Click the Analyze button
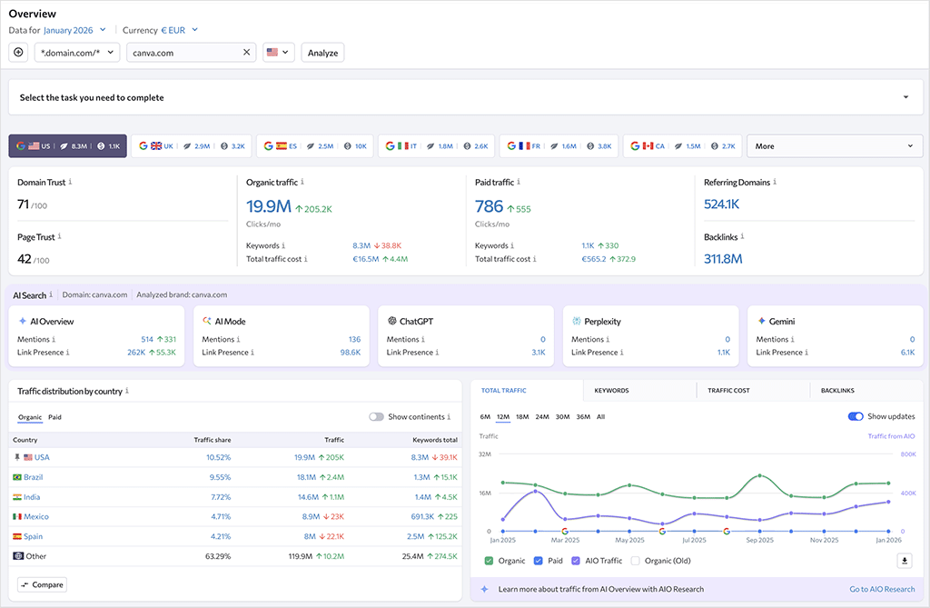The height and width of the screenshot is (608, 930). (x=322, y=53)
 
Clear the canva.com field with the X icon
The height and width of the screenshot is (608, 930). (x=246, y=53)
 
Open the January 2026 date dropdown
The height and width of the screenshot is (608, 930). (x=75, y=30)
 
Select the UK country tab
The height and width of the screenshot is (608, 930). (x=191, y=145)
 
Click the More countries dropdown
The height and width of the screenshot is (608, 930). (x=834, y=145)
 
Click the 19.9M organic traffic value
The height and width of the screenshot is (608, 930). (x=268, y=207)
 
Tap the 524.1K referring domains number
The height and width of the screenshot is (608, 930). (x=722, y=204)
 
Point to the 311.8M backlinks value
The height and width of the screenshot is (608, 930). (x=723, y=259)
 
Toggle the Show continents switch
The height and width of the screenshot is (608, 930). (x=376, y=417)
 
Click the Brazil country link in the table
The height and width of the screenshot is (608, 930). (x=33, y=477)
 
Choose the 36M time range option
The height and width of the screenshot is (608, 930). (x=582, y=417)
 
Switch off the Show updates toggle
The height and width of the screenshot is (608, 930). (x=855, y=417)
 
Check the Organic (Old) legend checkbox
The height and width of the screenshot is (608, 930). (x=636, y=561)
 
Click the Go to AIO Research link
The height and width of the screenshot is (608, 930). (x=881, y=589)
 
